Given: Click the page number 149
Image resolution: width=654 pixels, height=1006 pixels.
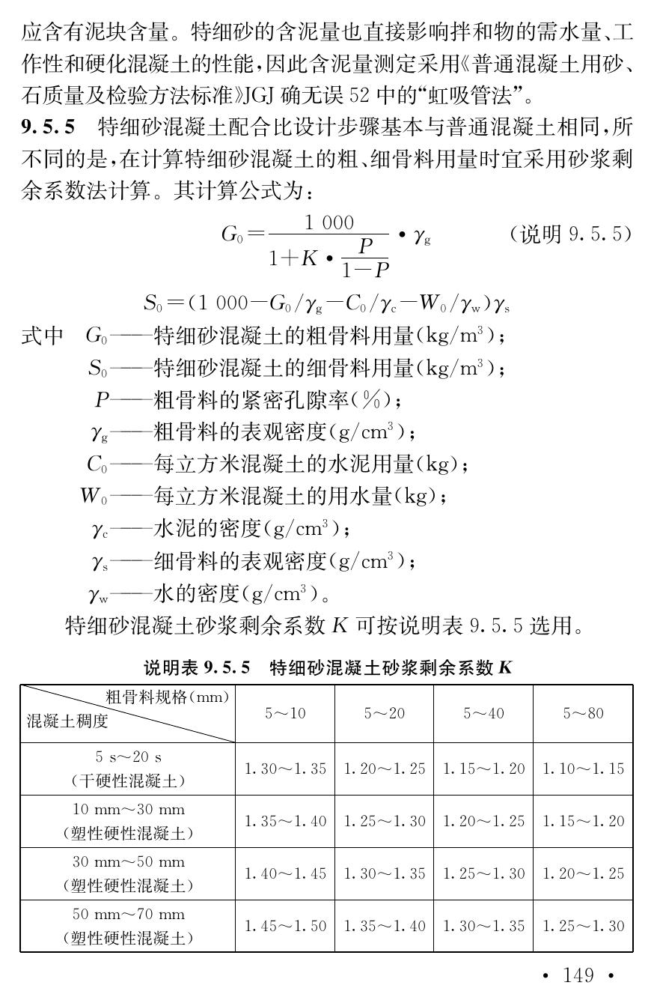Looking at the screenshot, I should coord(578,975).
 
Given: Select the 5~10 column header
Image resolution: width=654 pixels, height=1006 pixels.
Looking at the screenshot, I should coord(285,713).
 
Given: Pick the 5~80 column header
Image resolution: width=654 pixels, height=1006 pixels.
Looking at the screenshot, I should coord(583,713).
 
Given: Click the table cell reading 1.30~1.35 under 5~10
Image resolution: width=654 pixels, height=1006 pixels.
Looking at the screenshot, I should coord(285,769).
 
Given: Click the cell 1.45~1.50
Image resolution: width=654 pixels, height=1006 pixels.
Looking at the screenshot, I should coord(285,926).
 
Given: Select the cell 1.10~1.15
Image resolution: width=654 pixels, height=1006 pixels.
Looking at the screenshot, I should coord(583,769).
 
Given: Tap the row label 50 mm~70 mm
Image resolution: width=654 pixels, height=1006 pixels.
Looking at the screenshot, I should coord(128,915).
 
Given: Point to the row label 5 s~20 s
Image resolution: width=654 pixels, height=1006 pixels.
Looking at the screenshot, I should coord(128,757).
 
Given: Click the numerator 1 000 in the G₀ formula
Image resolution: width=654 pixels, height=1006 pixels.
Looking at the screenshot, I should coord(328,222).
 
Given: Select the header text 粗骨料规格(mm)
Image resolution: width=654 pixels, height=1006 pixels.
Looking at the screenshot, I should coord(167,697).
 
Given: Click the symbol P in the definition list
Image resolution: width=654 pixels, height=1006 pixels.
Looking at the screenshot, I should coord(102,401).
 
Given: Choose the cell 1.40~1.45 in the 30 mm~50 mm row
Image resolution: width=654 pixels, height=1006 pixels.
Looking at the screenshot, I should coord(285,873).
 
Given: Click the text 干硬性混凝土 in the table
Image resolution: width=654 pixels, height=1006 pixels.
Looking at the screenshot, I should coord(128,781).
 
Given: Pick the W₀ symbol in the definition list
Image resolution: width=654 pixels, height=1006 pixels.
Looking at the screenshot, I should coord(94,497).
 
